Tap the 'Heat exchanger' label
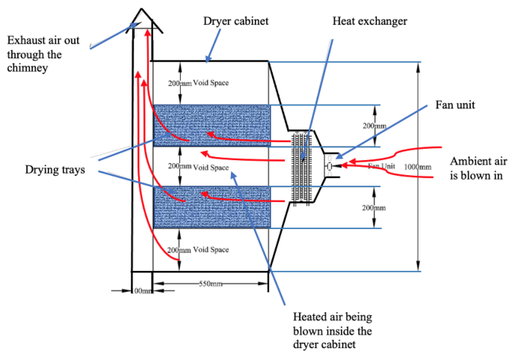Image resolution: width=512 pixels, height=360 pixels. pos(369,22)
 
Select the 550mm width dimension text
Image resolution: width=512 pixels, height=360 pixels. pos(212,284)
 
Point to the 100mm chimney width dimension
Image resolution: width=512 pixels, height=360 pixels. pos(141,290)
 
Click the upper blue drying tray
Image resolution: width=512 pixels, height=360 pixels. pos(212,125)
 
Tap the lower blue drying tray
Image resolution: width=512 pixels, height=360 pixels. pos(212,207)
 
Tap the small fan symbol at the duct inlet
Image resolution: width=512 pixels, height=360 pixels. pos(330,165)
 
